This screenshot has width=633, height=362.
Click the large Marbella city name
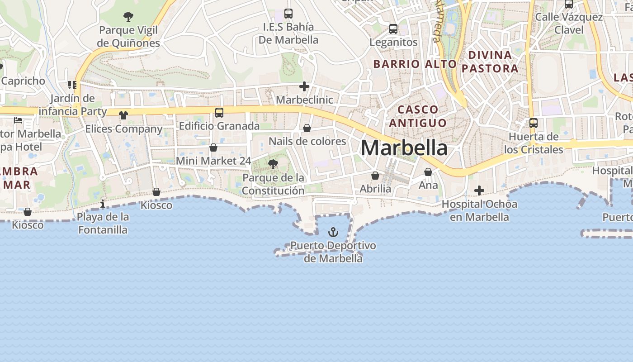click(404, 148)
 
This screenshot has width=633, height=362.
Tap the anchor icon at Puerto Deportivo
click(333, 232)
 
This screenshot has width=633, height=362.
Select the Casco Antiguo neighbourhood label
click(418, 116)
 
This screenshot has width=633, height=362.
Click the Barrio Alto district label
click(415, 64)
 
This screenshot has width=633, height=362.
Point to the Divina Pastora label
click(490, 62)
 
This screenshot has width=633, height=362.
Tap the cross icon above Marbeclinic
click(304, 86)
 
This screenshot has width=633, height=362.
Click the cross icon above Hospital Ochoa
click(479, 191)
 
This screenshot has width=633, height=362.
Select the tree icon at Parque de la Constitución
click(273, 164)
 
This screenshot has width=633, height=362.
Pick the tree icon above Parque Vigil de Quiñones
click(128, 17)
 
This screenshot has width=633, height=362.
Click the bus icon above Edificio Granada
click(219, 113)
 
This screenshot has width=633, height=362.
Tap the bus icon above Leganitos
click(393, 29)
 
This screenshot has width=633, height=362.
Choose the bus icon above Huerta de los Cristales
click(534, 123)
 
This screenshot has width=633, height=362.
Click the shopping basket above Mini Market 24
click(213, 148)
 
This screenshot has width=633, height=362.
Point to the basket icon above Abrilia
click(375, 176)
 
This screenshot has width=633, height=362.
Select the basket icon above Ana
click(428, 172)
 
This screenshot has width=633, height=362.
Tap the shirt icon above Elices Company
click(123, 115)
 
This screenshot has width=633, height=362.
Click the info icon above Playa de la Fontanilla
click(103, 204)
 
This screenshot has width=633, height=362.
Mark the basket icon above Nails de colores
click(307, 128)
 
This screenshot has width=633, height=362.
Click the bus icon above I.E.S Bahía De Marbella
click(288, 14)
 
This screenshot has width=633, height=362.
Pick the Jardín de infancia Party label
click(73, 105)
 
